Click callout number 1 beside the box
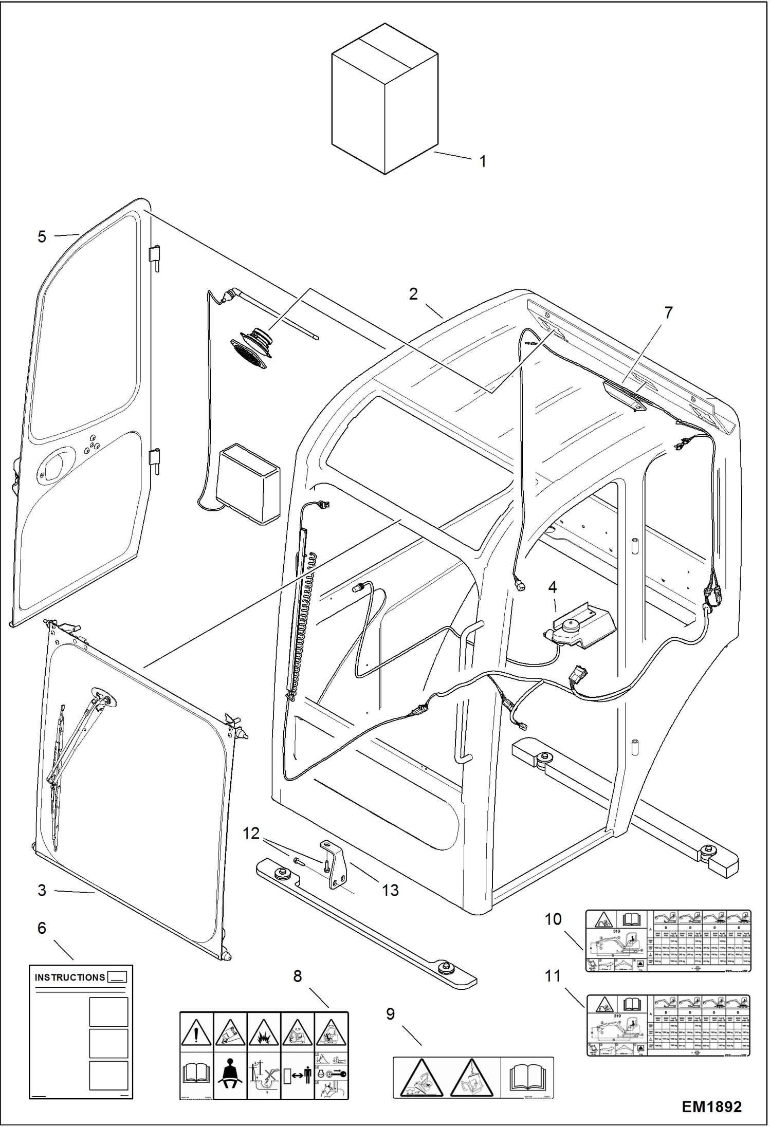tap(483, 161)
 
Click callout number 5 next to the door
tap(42, 236)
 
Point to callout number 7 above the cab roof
tap(668, 312)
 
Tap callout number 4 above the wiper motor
tap(553, 587)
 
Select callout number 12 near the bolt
tap(251, 833)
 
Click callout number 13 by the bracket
tap(390, 890)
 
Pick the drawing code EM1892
tap(711, 1106)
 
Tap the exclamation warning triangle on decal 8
tap(196, 1032)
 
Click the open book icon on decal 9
tap(527, 1077)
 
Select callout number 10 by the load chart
tap(553, 919)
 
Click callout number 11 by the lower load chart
tap(553, 975)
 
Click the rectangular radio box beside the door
tap(248, 483)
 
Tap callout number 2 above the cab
tap(413, 294)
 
